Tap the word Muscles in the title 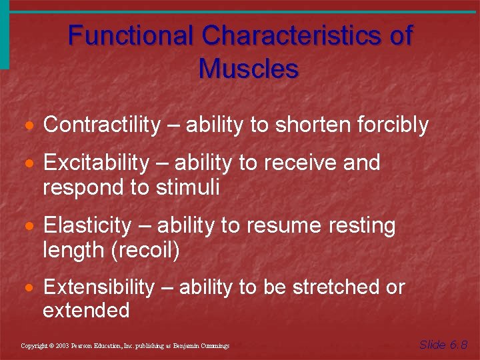click(x=248, y=68)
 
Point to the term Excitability click(x=96, y=163)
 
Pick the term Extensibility click(x=98, y=287)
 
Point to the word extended click(x=86, y=311)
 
